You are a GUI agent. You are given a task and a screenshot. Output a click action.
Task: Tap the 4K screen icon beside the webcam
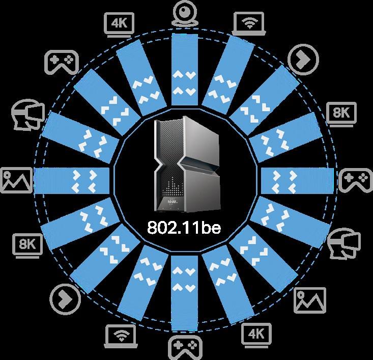click(120, 23)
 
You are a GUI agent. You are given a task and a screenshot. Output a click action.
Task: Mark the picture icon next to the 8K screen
click(16, 180)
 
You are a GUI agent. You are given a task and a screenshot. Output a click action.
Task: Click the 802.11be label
click(184, 228)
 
